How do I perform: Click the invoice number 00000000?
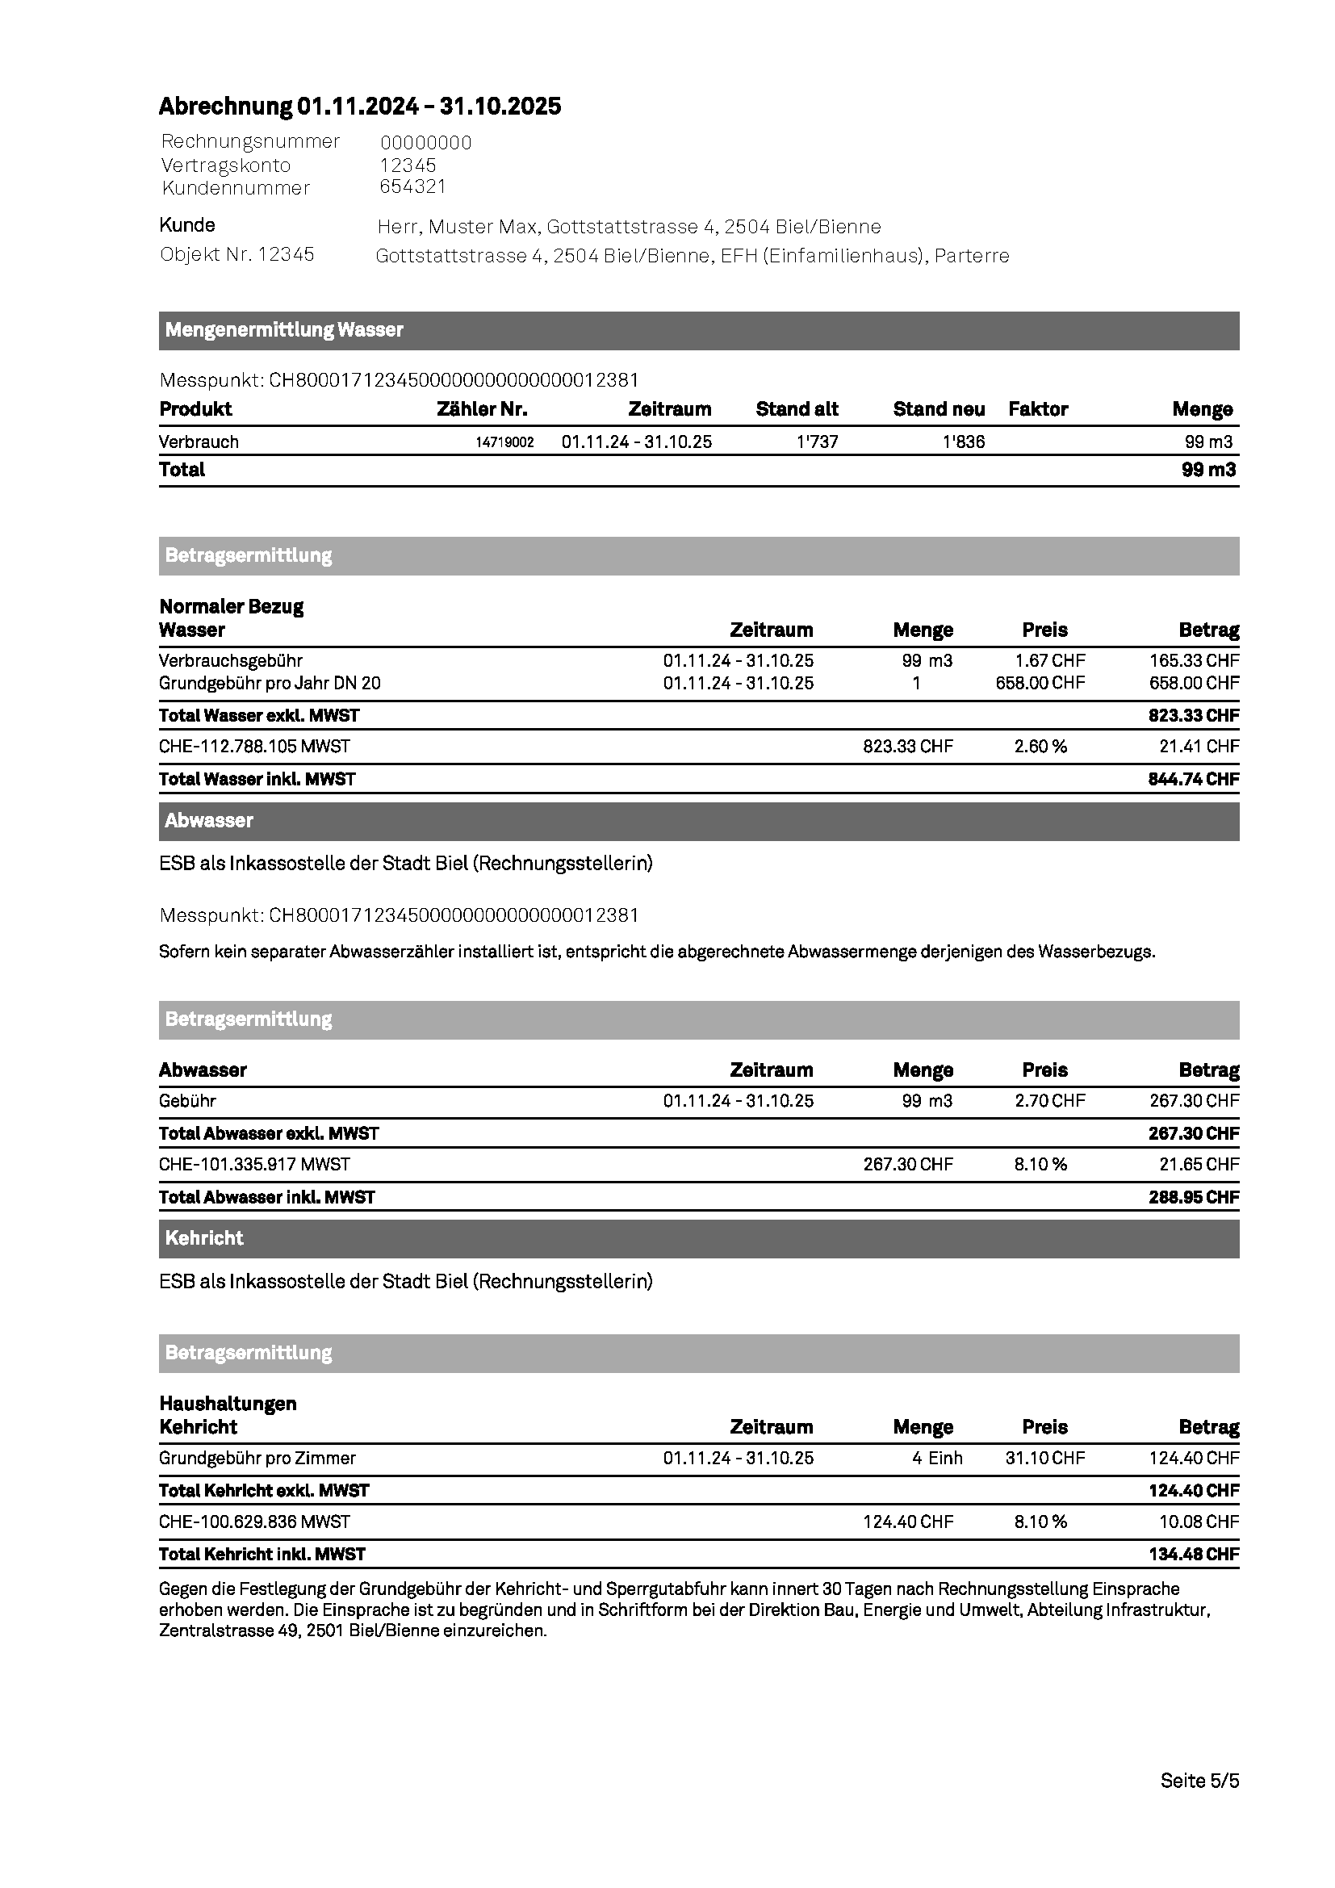426,143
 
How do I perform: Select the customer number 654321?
412,186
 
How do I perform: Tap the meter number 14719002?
504,442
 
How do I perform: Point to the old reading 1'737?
817,442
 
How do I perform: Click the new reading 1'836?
964,442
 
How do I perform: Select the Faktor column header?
1037,409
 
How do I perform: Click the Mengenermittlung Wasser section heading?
283,330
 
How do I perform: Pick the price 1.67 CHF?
1050,660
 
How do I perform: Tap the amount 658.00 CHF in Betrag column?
1194,683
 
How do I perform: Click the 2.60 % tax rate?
1040,747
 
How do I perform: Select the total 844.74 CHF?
1193,779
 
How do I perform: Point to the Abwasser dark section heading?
209,821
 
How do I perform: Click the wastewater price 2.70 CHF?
1050,1100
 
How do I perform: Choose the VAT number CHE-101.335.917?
254,1165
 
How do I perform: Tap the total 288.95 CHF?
1193,1197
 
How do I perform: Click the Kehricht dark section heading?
204,1238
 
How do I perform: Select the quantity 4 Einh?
936,1458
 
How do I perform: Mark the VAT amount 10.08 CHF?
1199,1522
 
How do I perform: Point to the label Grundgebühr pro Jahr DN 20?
270,683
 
